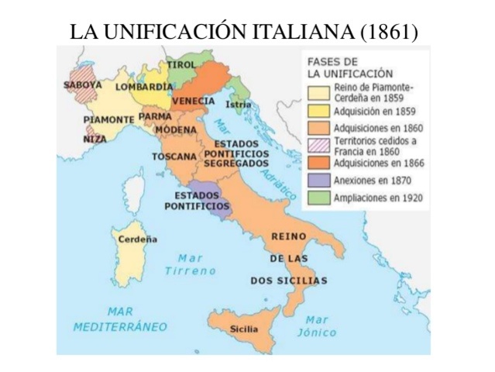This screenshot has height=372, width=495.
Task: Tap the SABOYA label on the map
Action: tap(83, 84)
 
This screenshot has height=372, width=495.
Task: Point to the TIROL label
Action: tap(181, 64)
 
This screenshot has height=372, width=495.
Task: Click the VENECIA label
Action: tap(194, 102)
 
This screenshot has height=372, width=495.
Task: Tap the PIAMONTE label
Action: tap(108, 120)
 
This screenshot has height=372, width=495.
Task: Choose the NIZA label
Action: tap(95, 139)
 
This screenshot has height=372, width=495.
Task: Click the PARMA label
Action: tap(155, 116)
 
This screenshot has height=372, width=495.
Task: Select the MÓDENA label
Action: tap(174, 129)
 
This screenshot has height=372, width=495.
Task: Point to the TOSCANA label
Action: tap(174, 157)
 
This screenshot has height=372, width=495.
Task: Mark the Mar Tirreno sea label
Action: tap(191, 264)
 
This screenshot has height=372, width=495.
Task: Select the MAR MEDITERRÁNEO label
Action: tap(120, 319)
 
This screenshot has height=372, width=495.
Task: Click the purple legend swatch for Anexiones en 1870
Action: tap(318, 181)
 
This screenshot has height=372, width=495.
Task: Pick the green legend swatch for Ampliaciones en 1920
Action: tap(318, 198)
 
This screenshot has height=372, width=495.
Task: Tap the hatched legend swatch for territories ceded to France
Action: tap(318, 146)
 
